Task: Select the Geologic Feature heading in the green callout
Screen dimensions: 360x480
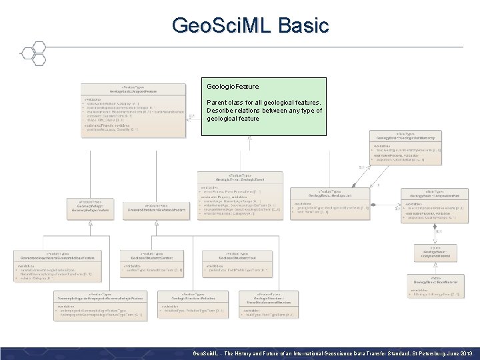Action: [233, 87]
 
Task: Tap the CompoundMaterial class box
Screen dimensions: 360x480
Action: [435, 253]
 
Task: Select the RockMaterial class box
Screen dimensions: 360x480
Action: [435, 285]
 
